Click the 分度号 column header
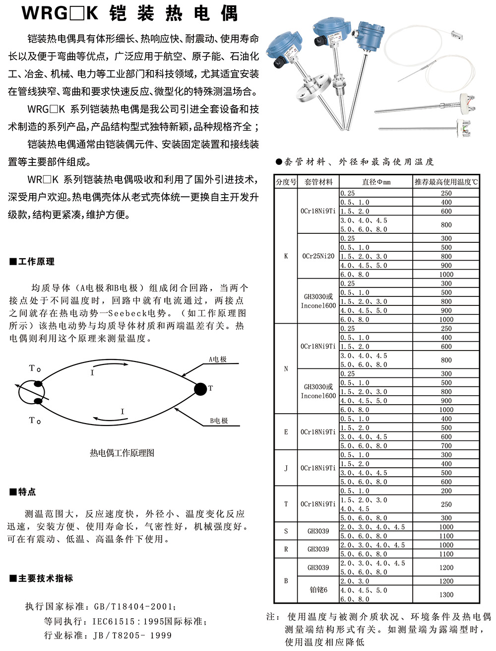[x=286, y=182]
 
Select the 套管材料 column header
[x=318, y=182]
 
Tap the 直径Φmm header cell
[x=376, y=182]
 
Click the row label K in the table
[x=286, y=256]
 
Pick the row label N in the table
[x=286, y=369]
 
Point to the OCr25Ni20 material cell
[x=318, y=256]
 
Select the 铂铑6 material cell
[x=318, y=590]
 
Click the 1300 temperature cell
[x=446, y=594]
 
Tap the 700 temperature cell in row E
[x=446, y=446]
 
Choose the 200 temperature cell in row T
[x=446, y=491]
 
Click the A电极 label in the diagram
[x=217, y=360]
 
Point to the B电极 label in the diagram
[x=218, y=421]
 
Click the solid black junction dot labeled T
[x=200, y=389]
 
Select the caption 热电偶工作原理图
[x=122, y=453]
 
